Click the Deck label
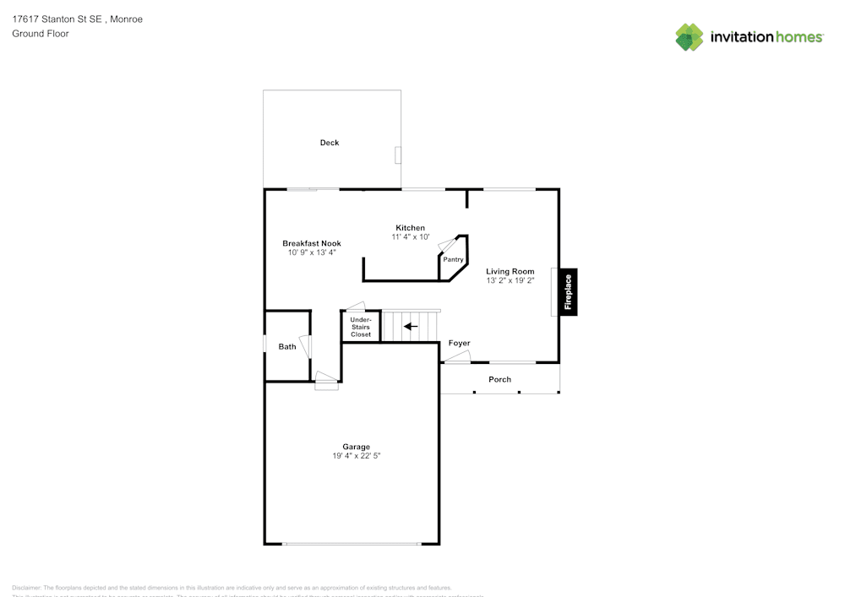point(329,143)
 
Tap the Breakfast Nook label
point(311,243)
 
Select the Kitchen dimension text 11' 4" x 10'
point(410,237)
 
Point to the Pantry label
point(453,259)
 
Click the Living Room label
point(510,271)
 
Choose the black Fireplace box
point(569,293)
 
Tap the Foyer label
point(459,343)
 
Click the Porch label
point(499,379)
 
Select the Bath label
point(287,346)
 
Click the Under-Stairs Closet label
point(361,327)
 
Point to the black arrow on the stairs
point(411,326)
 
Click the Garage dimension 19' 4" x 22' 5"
point(356,456)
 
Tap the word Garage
point(356,447)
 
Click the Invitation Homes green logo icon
point(689,36)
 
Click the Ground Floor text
point(41,34)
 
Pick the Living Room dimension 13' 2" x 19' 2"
point(510,280)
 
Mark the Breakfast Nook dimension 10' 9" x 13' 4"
point(311,252)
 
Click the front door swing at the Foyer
point(457,358)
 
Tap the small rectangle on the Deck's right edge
point(399,155)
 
